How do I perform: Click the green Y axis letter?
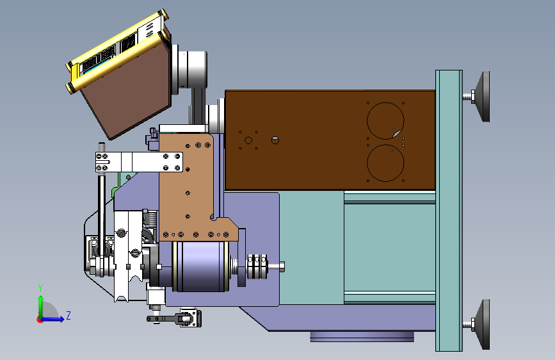pos(40,288)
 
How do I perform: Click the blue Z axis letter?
pos(68,315)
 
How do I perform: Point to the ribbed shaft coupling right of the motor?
pos(257,266)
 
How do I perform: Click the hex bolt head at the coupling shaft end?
pos(282,266)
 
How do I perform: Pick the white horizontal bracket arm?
pos(139,162)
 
